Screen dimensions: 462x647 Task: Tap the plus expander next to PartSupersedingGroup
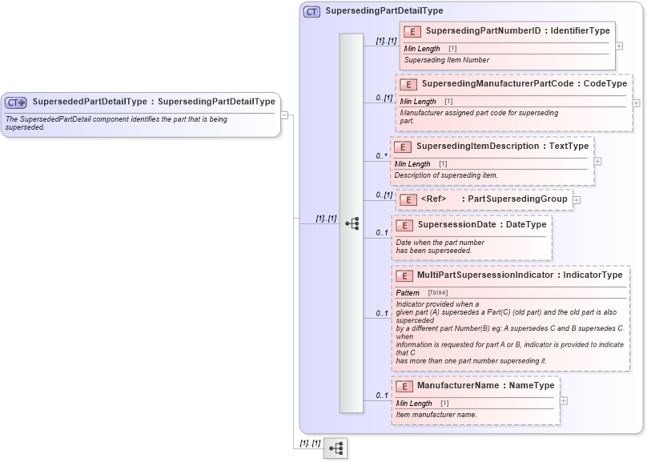click(x=577, y=199)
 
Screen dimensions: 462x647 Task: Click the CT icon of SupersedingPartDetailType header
click(x=311, y=12)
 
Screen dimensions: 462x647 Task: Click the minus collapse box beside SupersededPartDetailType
click(x=284, y=114)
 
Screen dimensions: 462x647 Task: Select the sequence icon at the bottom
click(x=335, y=448)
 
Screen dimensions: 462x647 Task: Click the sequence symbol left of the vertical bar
click(x=352, y=223)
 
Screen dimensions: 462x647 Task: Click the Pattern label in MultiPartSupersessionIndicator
click(x=408, y=293)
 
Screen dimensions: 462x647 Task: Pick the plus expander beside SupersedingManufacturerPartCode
click(x=637, y=102)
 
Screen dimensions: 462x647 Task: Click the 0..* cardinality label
click(x=381, y=156)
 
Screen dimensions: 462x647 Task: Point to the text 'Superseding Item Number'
click(x=446, y=60)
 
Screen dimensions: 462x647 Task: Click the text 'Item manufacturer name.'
click(x=436, y=415)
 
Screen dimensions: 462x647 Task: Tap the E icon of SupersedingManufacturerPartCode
click(x=408, y=84)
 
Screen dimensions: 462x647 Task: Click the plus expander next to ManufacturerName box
click(x=565, y=400)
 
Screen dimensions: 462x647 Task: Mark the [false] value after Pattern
click(x=438, y=293)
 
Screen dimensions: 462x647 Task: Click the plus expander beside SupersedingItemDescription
click(x=597, y=161)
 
